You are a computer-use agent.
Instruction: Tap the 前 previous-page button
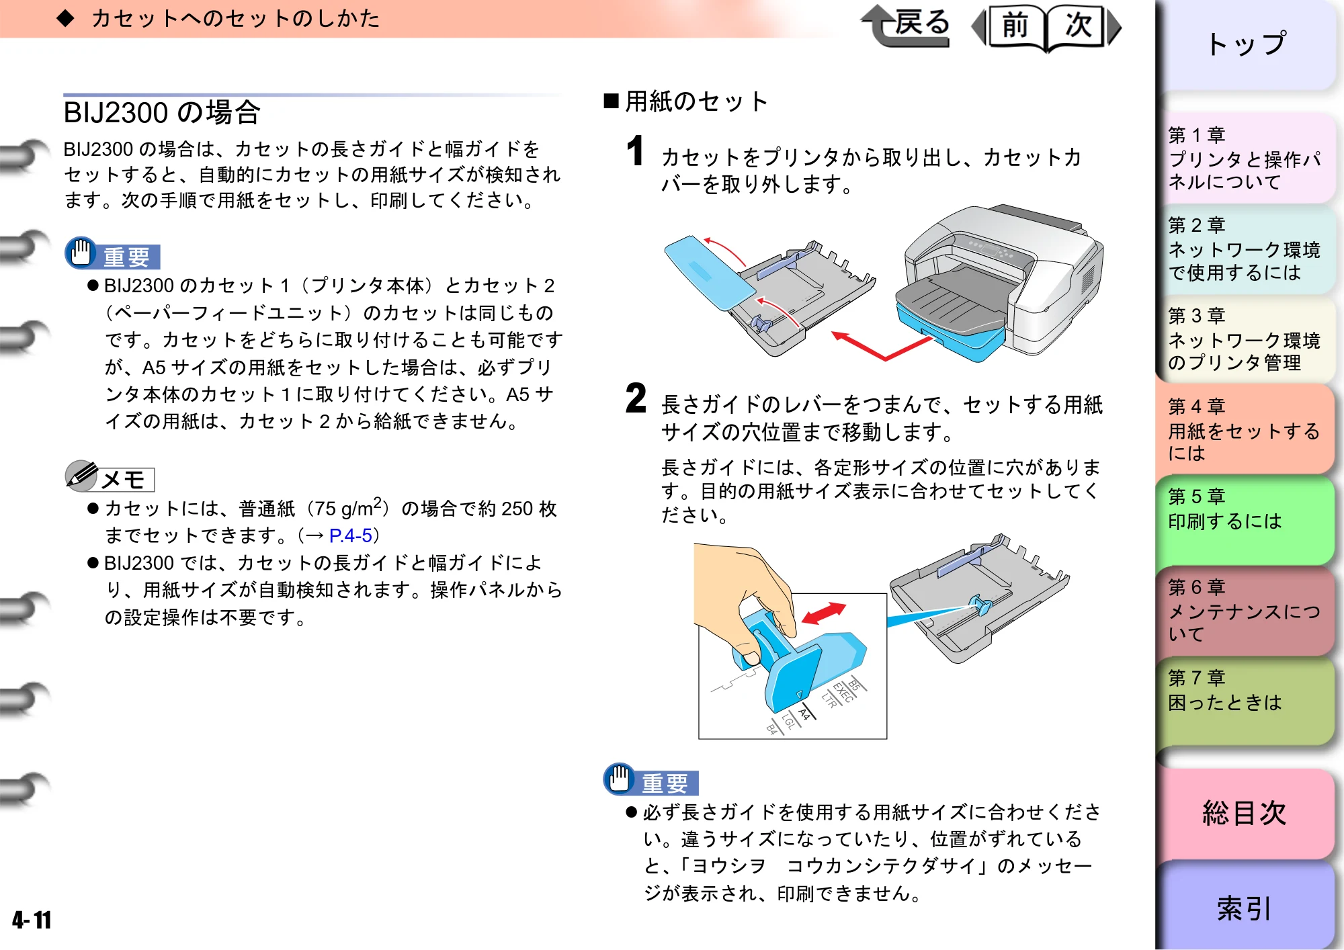[x=1013, y=27]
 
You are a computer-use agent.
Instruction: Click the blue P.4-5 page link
[x=351, y=535]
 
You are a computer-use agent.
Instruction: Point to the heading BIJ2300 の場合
[x=162, y=112]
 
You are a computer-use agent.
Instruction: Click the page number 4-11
[x=32, y=919]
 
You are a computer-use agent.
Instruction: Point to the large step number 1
[x=635, y=150]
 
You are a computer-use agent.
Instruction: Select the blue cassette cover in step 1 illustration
[x=710, y=272]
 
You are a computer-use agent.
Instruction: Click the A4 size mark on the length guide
[x=804, y=714]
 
